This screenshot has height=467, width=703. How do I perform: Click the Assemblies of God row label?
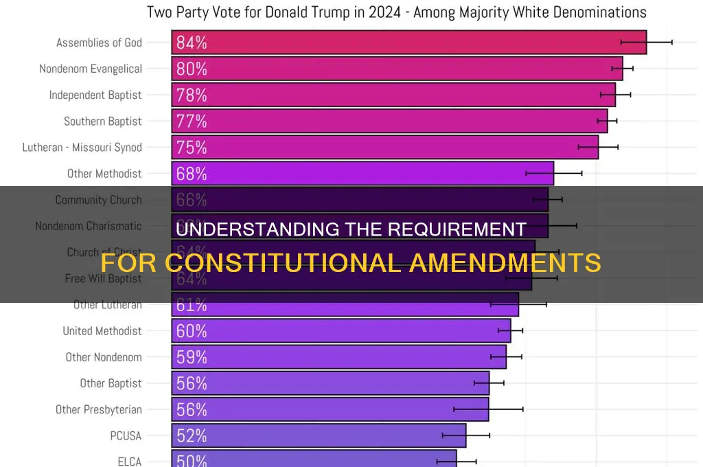(99, 43)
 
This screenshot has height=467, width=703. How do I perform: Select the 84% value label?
(192, 43)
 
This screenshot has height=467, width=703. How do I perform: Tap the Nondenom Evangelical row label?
(91, 69)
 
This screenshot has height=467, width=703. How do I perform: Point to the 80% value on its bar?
(192, 69)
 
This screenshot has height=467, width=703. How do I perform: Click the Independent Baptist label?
(95, 95)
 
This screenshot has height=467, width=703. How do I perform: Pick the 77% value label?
(192, 122)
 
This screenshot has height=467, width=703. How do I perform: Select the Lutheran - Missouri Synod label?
(82, 148)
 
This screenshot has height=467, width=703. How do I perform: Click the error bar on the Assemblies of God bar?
(646, 43)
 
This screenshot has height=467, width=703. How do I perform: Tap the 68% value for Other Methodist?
(192, 174)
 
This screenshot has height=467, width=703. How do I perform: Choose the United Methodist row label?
(102, 331)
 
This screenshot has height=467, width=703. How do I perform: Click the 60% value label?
(192, 331)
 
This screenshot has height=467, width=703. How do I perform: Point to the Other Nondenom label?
(104, 357)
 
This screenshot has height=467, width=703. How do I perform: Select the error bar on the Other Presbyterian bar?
(488, 409)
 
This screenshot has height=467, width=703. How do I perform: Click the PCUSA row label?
(126, 435)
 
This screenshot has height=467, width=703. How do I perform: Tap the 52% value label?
(192, 435)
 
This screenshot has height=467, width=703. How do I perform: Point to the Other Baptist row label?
(111, 383)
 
